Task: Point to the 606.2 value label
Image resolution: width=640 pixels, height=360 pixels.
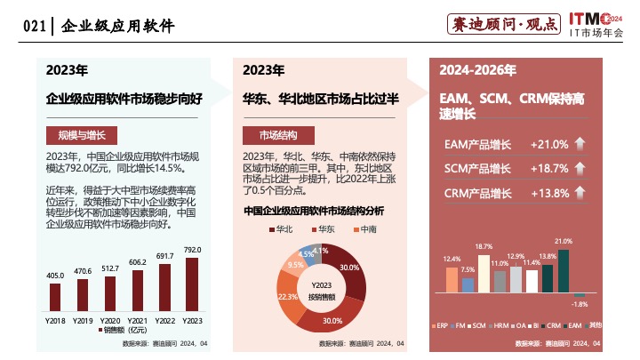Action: tap(138, 263)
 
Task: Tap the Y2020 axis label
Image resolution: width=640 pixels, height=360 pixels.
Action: tap(110, 319)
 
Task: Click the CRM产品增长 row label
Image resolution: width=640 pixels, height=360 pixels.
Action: tap(477, 193)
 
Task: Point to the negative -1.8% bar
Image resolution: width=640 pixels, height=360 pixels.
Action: tap(580, 295)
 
